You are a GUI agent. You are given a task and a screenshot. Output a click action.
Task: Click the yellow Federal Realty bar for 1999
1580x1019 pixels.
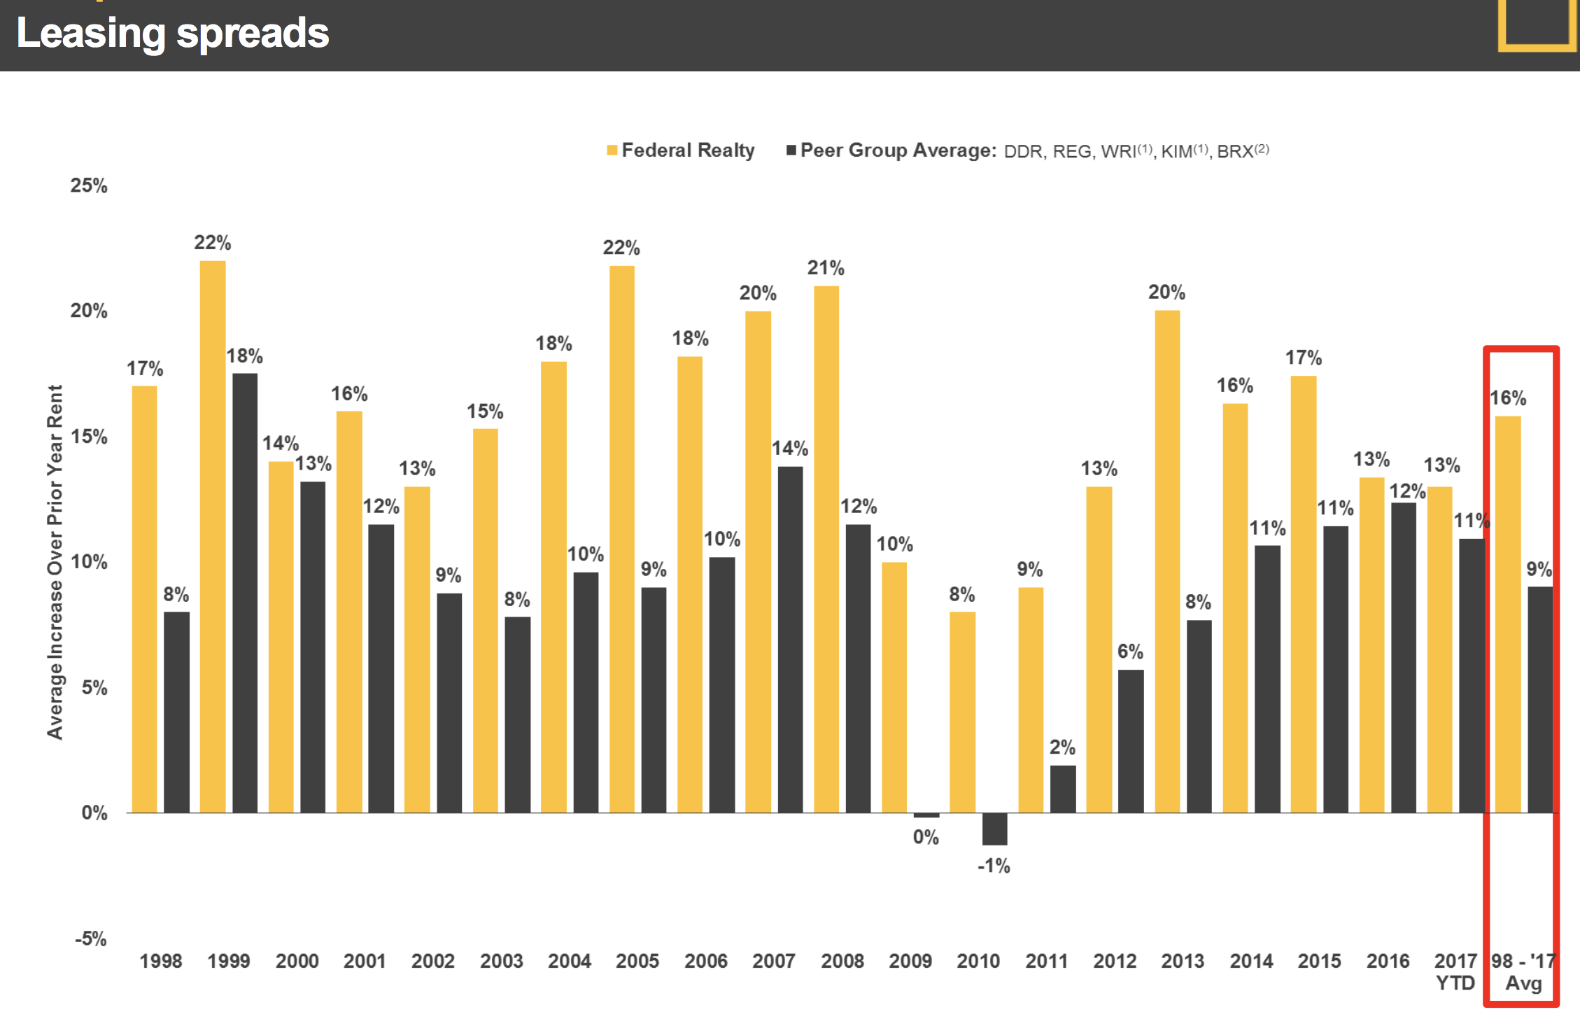pos(213,537)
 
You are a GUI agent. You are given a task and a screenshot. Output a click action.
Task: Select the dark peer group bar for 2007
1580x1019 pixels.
pos(791,640)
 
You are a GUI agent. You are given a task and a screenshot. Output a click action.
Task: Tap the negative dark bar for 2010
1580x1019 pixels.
pos(995,829)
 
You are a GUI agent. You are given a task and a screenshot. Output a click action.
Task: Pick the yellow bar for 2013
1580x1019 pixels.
pos(1167,561)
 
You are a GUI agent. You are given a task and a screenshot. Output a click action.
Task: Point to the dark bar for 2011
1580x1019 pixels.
pos(1063,789)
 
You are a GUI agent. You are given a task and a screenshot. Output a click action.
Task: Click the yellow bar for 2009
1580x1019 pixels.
pos(894,687)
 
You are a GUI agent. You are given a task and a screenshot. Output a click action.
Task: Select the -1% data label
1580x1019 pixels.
pos(994,866)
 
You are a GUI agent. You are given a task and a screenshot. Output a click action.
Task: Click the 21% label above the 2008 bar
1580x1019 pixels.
pos(826,267)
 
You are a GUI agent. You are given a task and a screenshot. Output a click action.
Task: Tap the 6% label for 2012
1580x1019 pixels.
pos(1130,652)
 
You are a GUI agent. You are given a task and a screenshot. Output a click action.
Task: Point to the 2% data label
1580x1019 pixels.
pos(1062,747)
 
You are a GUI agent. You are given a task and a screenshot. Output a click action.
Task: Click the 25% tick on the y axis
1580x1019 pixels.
pos(89,185)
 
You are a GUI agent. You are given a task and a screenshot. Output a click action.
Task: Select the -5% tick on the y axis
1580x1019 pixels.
pos(91,939)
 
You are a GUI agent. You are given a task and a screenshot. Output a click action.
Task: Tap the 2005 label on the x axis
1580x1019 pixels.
pos(637,961)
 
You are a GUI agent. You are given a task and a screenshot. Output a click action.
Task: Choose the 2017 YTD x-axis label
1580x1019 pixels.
pos(1455,971)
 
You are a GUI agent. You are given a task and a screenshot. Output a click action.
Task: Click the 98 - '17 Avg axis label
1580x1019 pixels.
pos(1523,971)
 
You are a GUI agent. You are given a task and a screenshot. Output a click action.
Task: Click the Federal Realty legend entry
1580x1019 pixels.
pos(681,150)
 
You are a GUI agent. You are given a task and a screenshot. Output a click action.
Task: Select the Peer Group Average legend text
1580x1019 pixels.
pos(898,150)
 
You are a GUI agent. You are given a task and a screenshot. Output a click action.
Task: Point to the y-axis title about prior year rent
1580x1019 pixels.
pos(55,561)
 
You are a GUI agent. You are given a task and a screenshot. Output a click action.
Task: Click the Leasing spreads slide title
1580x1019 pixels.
pos(173,33)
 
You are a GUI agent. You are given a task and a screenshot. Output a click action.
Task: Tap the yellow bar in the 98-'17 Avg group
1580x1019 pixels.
pos(1508,614)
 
